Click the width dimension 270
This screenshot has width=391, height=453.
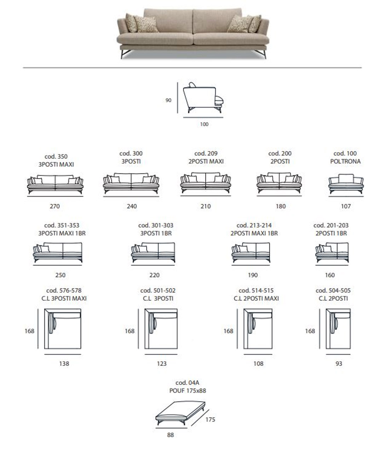[x=55, y=206]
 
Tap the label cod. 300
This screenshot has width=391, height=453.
[x=131, y=153]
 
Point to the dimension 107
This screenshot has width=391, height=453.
[x=346, y=206]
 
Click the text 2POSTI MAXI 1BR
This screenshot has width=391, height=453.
[x=254, y=233]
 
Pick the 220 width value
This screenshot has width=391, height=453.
[x=155, y=275]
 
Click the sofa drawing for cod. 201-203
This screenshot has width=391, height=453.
[x=332, y=252]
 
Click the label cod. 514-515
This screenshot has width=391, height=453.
[x=256, y=291]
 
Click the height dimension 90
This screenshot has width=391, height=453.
[x=168, y=100]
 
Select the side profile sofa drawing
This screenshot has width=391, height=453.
[x=203, y=98]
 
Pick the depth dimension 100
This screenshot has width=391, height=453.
[x=204, y=124]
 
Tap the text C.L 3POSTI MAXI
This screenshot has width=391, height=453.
[x=64, y=298]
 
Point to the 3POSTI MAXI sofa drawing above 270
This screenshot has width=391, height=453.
[x=55, y=184]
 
